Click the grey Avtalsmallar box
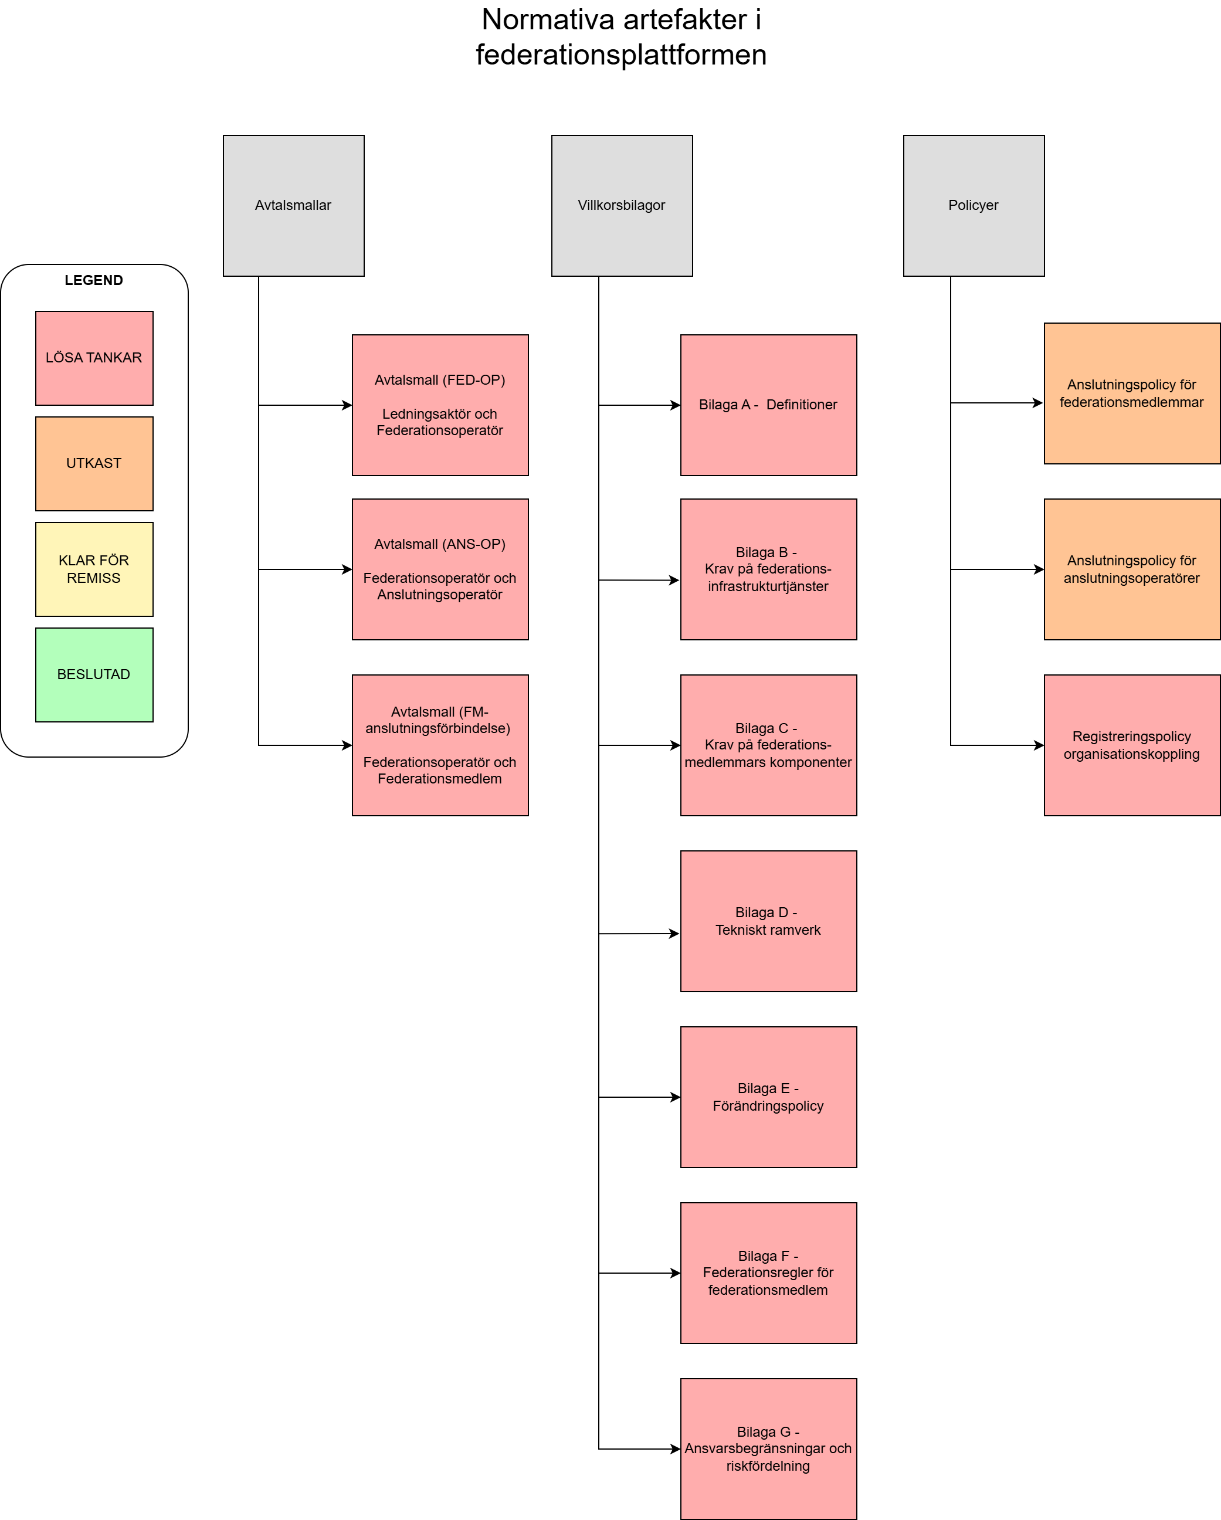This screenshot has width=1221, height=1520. point(293,205)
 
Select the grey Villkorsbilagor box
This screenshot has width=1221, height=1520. point(621,205)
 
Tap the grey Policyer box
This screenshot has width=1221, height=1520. point(973,205)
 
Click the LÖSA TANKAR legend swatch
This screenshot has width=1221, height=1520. point(94,358)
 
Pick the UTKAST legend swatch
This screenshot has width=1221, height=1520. point(94,463)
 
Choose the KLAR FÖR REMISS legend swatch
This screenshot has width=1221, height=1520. point(94,569)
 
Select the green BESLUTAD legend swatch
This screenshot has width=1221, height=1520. point(94,675)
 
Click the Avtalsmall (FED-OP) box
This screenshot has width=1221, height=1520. point(440,405)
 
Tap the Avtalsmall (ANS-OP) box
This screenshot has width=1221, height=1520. point(440,569)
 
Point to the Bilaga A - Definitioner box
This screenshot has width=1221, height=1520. point(768,405)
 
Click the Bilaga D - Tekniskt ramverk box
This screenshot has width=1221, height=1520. point(768,921)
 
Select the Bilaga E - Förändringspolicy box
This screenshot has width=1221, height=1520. point(768,1097)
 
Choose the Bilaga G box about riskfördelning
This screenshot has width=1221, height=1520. point(768,1449)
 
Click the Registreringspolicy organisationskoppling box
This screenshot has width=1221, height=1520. point(1131,745)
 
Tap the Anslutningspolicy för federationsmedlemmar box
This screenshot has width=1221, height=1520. point(1131,393)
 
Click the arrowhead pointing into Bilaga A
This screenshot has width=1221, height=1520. point(676,405)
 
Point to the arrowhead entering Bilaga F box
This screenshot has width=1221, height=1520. point(676,1273)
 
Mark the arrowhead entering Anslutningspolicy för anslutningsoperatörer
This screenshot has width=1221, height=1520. point(1039,569)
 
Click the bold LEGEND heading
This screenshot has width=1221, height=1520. point(94,280)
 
